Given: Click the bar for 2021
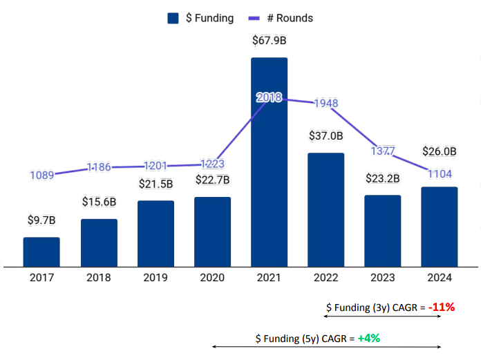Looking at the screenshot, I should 269,162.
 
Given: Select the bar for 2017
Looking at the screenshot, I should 41,252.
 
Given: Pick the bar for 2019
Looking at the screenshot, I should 155,234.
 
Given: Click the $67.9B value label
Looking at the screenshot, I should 269,41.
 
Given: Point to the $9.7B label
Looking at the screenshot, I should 41,220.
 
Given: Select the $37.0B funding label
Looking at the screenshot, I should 326,136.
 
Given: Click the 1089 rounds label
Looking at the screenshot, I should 41,175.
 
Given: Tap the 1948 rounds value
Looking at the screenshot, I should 326,104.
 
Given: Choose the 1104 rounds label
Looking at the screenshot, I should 439,173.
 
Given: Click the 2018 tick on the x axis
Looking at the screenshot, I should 98,278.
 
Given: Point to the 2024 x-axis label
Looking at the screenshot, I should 439,278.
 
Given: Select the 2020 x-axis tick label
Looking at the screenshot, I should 212,278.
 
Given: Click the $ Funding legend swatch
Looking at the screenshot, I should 173,18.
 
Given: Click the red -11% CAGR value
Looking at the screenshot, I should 440,307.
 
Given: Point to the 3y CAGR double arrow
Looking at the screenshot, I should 382,317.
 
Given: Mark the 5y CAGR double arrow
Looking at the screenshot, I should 326,348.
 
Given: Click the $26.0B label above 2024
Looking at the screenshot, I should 439,151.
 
